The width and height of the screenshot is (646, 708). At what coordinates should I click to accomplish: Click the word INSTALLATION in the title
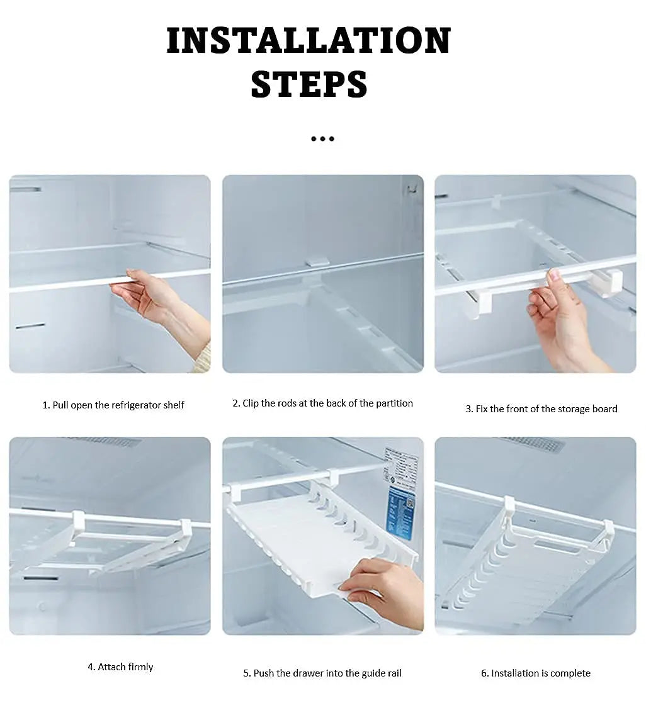click(x=309, y=41)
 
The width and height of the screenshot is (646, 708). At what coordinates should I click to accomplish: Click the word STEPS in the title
click(x=309, y=84)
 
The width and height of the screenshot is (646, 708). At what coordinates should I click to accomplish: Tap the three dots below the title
click(x=322, y=138)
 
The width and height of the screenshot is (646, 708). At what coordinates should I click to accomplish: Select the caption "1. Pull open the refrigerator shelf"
click(x=113, y=405)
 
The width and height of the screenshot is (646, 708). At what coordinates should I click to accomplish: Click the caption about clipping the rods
click(x=322, y=403)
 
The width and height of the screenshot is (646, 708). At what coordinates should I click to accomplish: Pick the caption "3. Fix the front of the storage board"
click(x=541, y=409)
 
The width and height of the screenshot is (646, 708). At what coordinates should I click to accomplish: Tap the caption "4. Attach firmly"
click(x=120, y=667)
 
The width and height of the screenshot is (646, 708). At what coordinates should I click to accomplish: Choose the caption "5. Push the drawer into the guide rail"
click(x=322, y=673)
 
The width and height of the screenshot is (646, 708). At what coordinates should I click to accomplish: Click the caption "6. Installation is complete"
click(x=536, y=673)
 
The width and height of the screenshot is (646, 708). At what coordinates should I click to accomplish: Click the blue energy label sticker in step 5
click(x=400, y=510)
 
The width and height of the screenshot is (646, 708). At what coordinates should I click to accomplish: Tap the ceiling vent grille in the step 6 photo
click(x=532, y=444)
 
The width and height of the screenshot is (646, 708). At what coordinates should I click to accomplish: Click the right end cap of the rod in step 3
click(x=609, y=281)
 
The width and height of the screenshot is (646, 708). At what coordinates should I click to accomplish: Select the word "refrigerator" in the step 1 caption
click(x=136, y=405)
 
